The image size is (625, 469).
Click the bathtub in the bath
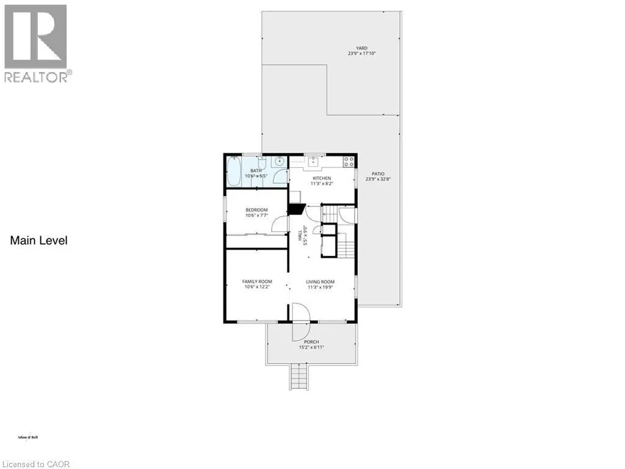(x=234, y=171)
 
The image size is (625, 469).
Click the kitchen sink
(x=314, y=162)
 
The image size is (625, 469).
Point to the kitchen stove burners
(x=349, y=162)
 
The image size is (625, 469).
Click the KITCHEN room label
(x=322, y=178)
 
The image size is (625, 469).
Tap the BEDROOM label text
(x=256, y=210)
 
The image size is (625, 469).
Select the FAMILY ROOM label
(x=257, y=282)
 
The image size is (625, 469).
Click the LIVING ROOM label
(x=321, y=282)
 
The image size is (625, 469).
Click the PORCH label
(x=311, y=342)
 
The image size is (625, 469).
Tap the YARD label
(x=363, y=48)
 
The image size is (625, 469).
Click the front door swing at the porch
(x=302, y=322)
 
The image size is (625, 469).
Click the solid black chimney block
(x=296, y=209)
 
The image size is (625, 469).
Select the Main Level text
(x=38, y=241)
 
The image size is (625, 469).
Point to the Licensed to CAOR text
(x=35, y=464)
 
